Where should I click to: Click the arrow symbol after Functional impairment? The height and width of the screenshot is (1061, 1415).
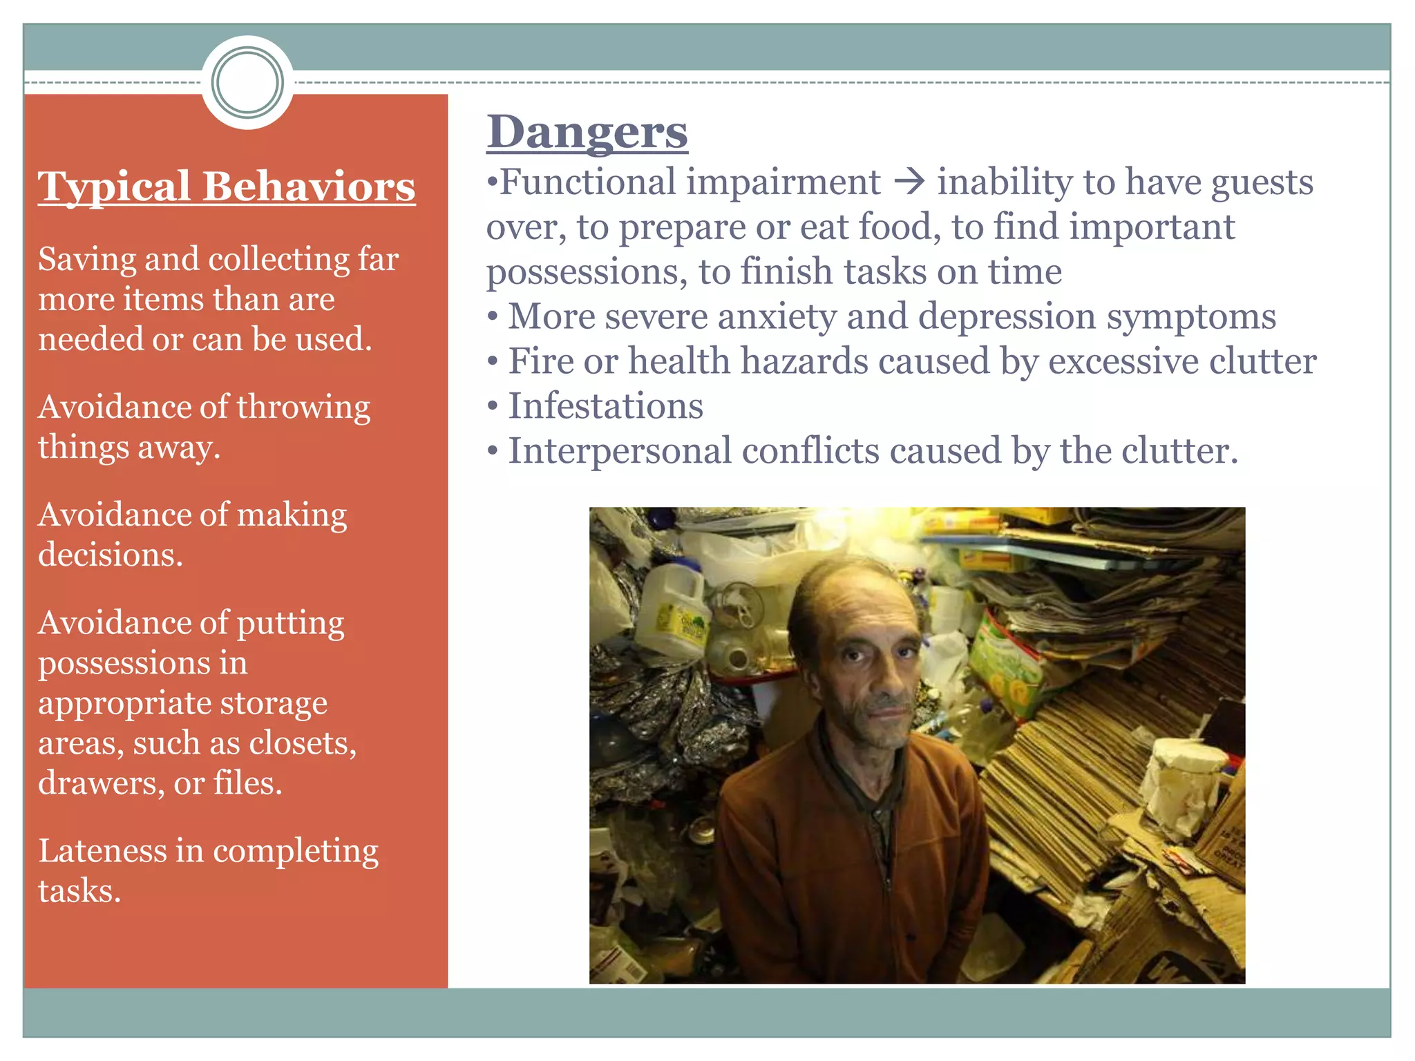click(x=909, y=183)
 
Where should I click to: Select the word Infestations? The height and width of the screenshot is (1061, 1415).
click(x=605, y=405)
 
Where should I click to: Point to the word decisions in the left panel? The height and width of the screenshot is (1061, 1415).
click(x=111, y=555)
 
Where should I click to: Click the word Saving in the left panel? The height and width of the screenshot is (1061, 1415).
click(x=86, y=260)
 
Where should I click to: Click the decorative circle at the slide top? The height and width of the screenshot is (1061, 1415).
click(x=247, y=82)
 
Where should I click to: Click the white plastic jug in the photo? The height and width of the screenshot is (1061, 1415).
click(x=669, y=611)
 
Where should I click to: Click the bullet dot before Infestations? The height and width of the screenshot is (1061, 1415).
click(x=492, y=405)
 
